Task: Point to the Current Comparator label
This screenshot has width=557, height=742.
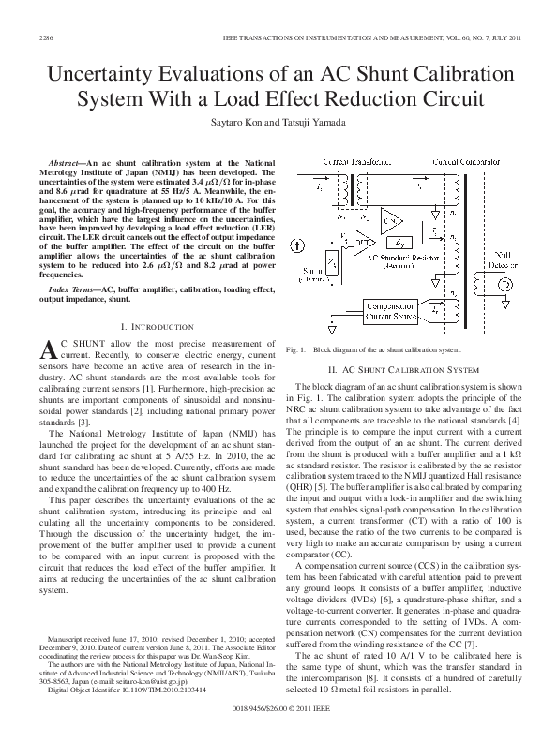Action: tap(465, 162)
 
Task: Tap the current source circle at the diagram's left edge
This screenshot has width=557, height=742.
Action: tap(297, 246)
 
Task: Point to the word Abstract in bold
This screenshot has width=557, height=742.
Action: tap(70, 162)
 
